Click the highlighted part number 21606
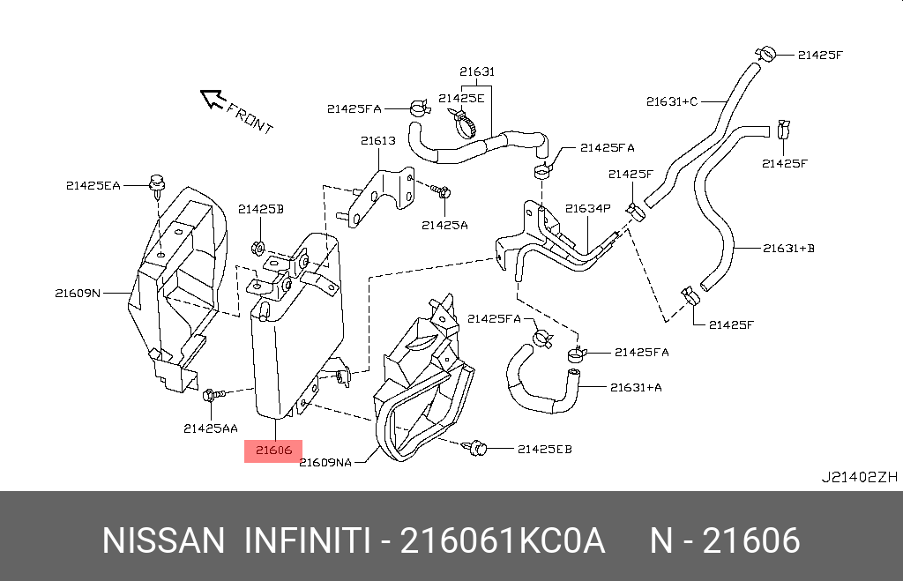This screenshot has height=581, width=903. point(273,451)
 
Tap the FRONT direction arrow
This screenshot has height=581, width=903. point(212,99)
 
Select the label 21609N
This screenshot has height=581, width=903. point(78,293)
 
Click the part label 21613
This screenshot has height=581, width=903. point(377,140)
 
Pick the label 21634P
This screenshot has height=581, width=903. point(587,209)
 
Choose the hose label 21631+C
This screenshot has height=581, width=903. point(671,101)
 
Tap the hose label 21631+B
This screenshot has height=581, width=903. point(788,249)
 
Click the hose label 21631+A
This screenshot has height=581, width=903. point(636,387)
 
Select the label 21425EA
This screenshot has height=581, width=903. point(93,185)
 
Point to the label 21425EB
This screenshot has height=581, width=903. point(544,450)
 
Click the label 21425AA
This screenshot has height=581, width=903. point(211,428)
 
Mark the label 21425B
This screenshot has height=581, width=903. point(260,209)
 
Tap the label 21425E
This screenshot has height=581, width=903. point(462,98)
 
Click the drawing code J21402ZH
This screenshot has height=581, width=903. point(859,478)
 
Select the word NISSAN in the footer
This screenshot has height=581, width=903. point(164,540)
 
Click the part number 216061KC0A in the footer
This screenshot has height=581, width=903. point(503,540)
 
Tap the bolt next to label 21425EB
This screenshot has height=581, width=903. point(476,448)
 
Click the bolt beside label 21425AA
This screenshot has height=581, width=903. point(213,396)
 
